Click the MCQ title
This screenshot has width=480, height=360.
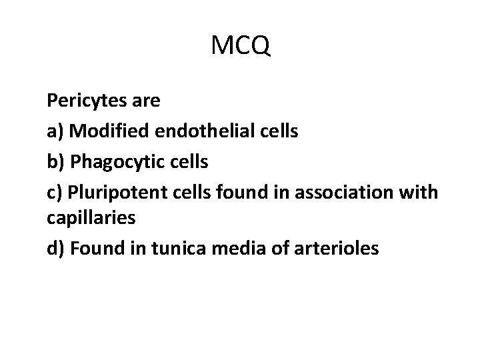(240, 46)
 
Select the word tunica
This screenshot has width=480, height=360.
(181, 249)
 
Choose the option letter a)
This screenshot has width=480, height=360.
(55, 131)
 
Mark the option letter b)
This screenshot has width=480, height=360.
(56, 161)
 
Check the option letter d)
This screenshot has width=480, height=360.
(56, 249)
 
